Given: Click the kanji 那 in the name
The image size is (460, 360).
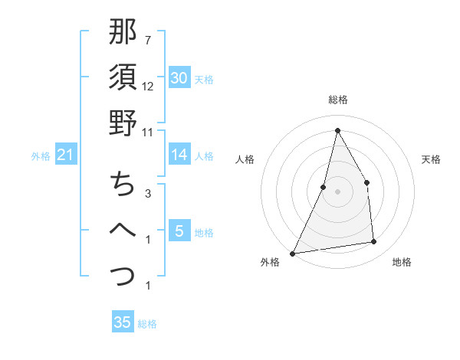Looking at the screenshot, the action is pos(123,34).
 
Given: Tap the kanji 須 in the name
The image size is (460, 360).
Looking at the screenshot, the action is pos(123,77).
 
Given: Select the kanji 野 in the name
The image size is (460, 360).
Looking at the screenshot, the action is pos(123,122).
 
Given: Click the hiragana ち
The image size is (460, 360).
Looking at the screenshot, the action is pos(123,184).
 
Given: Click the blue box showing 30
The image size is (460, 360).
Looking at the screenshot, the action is pos(179,77).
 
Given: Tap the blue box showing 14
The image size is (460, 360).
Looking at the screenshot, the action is pos(179,155).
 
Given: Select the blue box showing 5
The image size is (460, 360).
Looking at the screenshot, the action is pos(179,230).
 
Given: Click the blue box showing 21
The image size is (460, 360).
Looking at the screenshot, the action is pos(66,155).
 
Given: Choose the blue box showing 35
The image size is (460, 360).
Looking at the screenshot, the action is pos(123,322).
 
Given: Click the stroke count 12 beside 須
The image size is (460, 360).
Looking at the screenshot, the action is pos(148,86).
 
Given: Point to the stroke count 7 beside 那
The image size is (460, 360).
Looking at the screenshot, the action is pos(147,40).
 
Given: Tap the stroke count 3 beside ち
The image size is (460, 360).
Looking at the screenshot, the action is pos(147,193).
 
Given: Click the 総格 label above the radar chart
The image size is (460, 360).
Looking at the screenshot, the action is pos(337,100).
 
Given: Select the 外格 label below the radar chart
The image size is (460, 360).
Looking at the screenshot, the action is pos(270,263).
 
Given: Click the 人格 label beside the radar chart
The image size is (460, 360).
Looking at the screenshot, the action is pos(246,159).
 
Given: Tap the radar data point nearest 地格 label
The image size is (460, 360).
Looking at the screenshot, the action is pos(374,242).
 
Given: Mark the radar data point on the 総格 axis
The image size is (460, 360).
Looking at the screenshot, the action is pos(337,130).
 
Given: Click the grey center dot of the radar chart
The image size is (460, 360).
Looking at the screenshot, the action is pos(337,191).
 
